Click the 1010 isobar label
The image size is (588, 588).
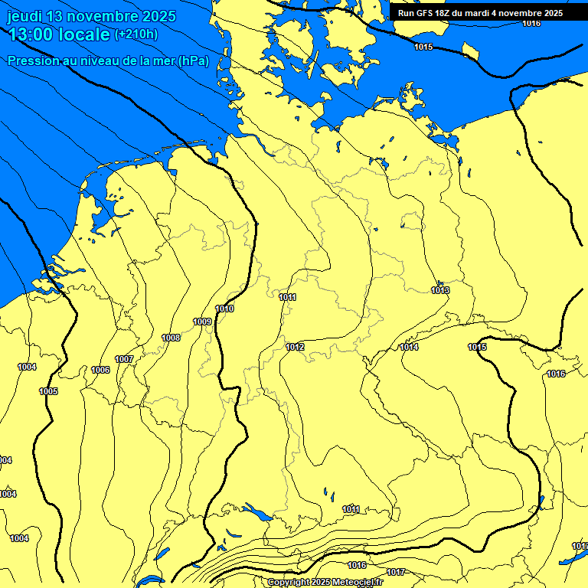[225, 309]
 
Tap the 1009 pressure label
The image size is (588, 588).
[202, 322]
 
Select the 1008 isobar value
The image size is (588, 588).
[171, 338]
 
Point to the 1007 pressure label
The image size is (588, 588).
[124, 359]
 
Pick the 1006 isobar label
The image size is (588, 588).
[100, 370]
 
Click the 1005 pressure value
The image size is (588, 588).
[48, 391]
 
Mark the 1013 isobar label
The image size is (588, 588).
[440, 290]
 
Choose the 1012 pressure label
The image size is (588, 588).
[295, 347]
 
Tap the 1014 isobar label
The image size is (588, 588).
[409, 347]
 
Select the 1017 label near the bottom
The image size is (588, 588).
[396, 572]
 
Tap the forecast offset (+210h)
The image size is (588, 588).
[136, 34]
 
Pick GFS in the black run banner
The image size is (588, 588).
[426, 13]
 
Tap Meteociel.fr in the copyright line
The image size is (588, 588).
[355, 583]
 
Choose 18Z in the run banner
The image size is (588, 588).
[443, 13]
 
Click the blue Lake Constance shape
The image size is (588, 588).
[254, 511]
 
